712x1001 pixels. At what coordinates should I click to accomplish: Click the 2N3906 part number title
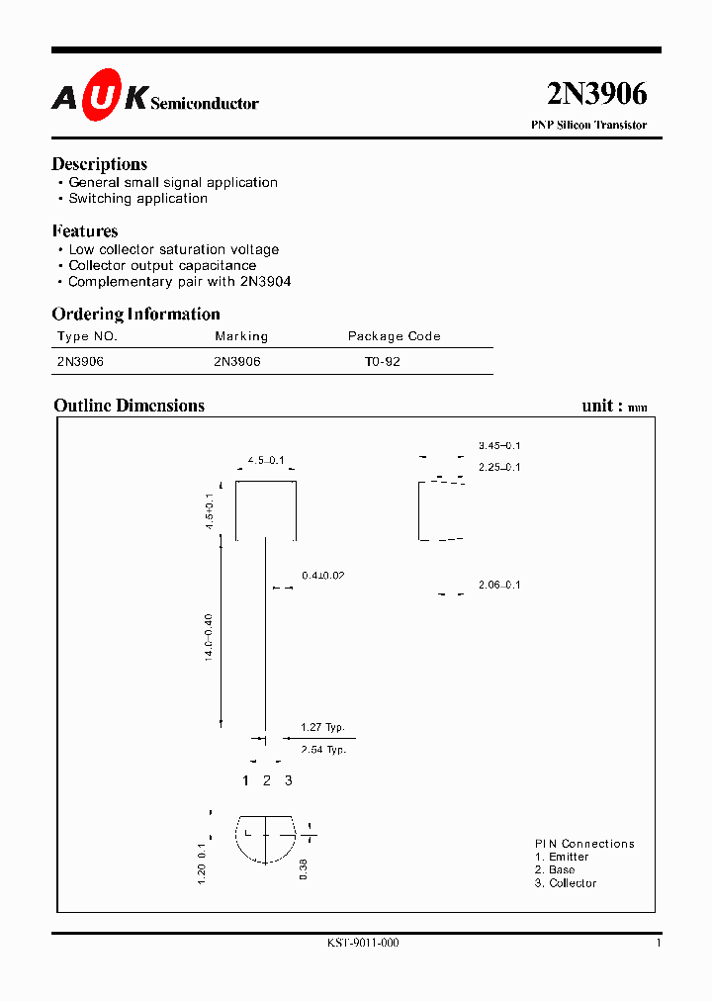[596, 94]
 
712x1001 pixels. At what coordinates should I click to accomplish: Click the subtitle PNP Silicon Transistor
[588, 126]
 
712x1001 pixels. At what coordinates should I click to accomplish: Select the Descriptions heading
[99, 164]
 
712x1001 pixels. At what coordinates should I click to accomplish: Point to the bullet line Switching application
[137, 198]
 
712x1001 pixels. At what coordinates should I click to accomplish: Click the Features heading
[85, 231]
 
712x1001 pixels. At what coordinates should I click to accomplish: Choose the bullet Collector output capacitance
[161, 265]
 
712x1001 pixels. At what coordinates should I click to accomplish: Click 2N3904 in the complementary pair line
[264, 281]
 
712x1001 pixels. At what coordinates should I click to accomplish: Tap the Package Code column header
[394, 336]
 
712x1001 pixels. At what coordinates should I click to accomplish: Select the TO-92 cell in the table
[382, 362]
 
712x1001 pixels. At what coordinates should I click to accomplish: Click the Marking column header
[241, 336]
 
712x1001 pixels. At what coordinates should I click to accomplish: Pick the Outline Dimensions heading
[129, 406]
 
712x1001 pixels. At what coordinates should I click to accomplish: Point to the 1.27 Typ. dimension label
[322, 728]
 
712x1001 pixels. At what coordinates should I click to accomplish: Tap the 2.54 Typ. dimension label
[322, 750]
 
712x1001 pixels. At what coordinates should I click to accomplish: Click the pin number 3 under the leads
[288, 780]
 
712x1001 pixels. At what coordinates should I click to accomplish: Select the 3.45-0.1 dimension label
[498, 446]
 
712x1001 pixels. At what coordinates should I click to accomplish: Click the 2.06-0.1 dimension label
[498, 586]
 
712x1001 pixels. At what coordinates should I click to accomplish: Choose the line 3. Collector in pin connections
[566, 883]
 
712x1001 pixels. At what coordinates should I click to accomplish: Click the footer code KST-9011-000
[363, 944]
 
